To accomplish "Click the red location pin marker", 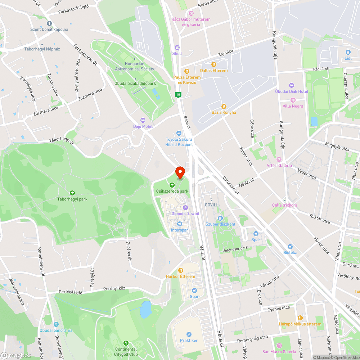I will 180,171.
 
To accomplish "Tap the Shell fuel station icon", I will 177,47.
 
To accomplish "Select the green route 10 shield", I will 178,95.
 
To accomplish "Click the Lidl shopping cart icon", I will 348,52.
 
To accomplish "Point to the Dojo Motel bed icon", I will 143,120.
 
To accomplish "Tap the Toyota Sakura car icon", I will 179,133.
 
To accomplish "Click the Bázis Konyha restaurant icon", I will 224,106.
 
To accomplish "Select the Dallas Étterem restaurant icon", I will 214,64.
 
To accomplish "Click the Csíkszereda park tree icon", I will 172,185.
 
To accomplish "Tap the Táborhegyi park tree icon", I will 72,193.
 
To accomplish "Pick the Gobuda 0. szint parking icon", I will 185,207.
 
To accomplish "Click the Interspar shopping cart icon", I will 180,224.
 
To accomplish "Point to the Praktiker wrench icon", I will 189,334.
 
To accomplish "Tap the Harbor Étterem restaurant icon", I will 180,270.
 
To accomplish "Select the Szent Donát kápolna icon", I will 49,23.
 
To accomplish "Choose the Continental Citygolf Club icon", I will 126,343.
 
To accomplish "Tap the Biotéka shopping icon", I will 290,247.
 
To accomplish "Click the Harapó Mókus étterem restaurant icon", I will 300,318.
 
